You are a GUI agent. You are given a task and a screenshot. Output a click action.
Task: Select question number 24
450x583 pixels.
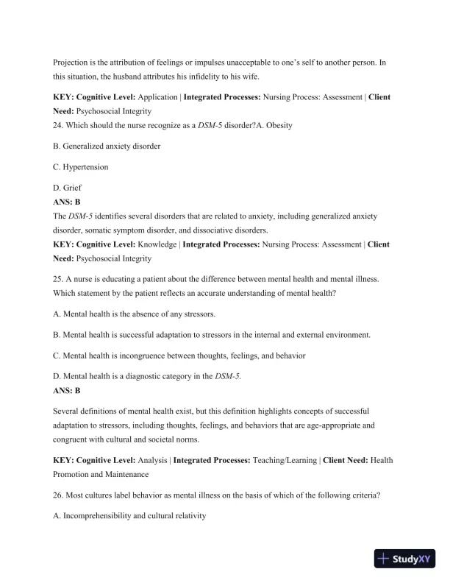tap(59, 125)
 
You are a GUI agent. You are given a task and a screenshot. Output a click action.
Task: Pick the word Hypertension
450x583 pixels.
tap(87, 167)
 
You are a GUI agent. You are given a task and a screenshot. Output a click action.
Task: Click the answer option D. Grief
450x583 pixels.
tap(68, 188)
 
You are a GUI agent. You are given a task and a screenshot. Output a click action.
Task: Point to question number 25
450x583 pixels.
tap(59, 280)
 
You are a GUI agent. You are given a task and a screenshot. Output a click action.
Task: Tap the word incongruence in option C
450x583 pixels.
tap(143, 356)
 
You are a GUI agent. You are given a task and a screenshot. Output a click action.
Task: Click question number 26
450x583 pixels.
tap(59, 495)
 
